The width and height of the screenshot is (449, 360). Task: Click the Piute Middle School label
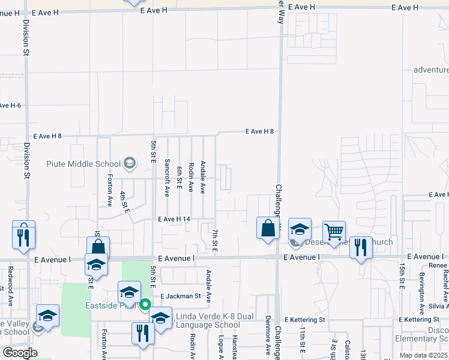(83, 164)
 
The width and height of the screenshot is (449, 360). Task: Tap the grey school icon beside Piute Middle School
(129, 163)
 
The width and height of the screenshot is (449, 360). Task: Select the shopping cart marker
(334, 232)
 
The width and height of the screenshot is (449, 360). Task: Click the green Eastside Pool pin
(145, 305)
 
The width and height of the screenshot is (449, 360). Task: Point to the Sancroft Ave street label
(167, 177)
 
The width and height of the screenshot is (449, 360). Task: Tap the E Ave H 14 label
(173, 220)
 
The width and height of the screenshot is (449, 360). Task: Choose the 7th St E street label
(214, 239)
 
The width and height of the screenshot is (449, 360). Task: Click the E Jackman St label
(180, 296)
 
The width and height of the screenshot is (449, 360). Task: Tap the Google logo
(20, 353)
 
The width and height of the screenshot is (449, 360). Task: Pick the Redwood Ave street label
(10, 292)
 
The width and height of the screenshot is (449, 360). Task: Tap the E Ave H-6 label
(11, 106)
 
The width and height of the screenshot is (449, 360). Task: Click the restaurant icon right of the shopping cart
(361, 248)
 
